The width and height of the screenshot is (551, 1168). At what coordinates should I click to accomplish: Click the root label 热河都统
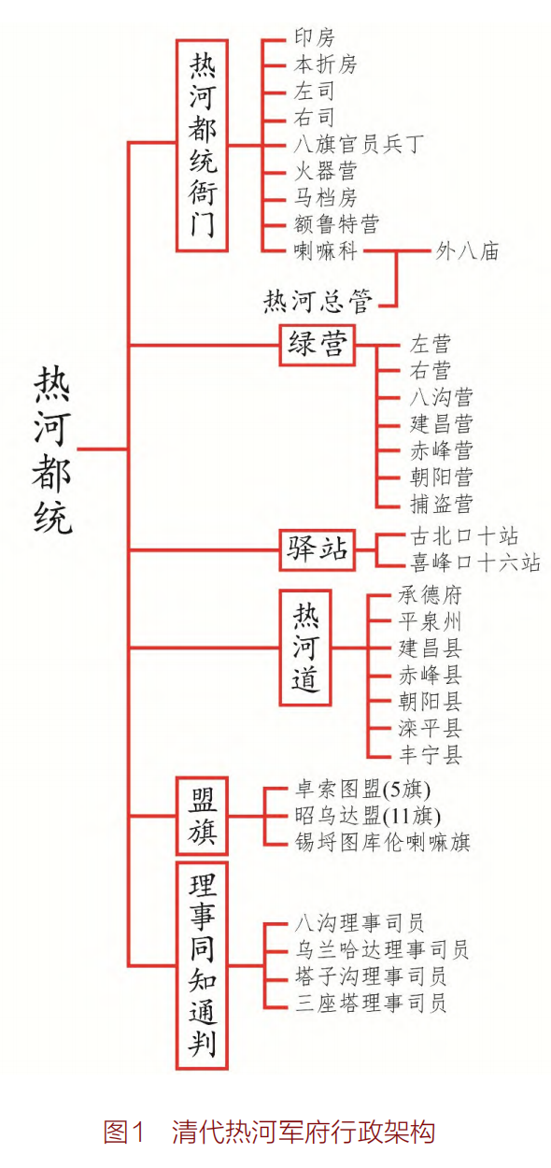[x=52, y=449]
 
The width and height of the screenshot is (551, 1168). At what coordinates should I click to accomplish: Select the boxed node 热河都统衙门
[x=203, y=146]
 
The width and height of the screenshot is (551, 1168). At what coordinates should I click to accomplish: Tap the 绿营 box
[x=318, y=345]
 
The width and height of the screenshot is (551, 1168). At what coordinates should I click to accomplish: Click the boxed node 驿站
[x=318, y=549]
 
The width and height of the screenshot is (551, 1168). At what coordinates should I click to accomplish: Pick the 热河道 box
[x=305, y=648]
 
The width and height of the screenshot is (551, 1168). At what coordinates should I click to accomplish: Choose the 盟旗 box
[x=203, y=816]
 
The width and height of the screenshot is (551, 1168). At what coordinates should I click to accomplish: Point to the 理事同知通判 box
[x=203, y=965]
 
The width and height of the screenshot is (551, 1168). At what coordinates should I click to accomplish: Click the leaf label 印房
[x=315, y=37]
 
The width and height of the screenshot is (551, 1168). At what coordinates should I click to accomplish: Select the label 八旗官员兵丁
[x=359, y=145]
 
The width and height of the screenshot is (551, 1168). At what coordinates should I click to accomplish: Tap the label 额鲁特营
[x=337, y=224]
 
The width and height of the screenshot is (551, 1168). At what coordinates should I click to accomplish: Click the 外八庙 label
[x=467, y=251]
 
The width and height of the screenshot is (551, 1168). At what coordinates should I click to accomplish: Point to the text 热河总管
[x=318, y=302]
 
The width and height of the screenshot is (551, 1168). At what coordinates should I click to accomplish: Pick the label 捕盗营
[x=442, y=505]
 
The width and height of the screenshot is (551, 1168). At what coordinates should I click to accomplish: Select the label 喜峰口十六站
[x=475, y=563]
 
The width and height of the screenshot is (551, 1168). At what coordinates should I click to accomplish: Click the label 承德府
[x=431, y=594]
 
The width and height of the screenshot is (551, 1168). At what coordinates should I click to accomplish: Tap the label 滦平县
[x=431, y=728]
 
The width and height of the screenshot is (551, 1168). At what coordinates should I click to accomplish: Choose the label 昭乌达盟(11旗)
[x=368, y=816]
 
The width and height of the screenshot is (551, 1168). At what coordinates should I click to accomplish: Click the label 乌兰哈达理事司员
[x=382, y=949]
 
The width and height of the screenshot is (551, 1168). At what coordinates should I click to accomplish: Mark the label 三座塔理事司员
[x=370, y=1003]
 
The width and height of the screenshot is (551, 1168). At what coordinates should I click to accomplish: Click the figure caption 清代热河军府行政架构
[x=304, y=1132]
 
